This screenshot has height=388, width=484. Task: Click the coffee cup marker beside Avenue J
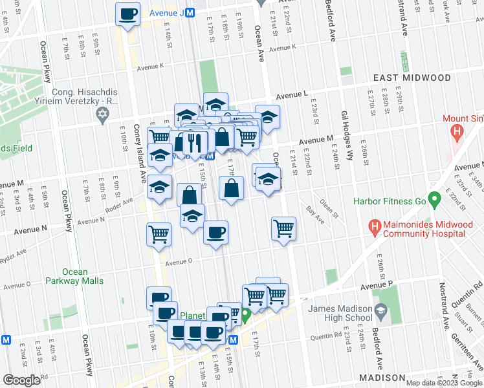127,14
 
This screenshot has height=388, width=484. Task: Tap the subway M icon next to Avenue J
190,12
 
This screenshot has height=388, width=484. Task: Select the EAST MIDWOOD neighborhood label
412,78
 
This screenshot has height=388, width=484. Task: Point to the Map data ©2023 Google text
444,383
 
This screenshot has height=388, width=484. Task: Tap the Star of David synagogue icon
101,115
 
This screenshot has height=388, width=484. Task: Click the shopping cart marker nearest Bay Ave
283,228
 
